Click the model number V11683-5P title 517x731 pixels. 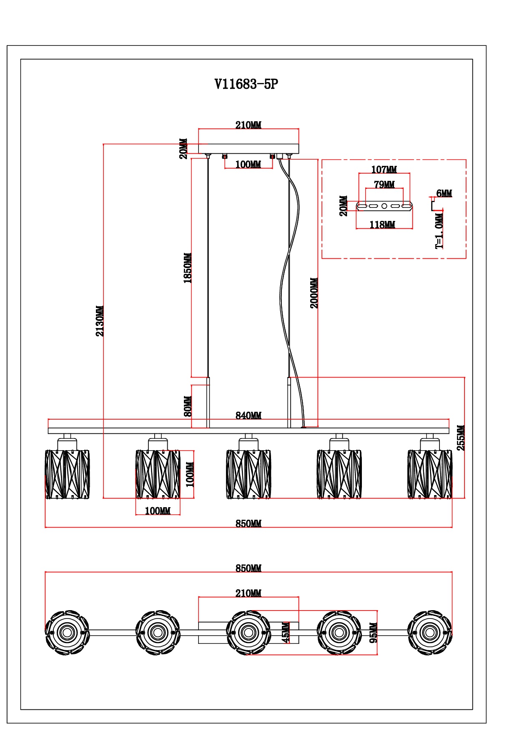246,84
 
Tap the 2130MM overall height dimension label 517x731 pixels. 100,321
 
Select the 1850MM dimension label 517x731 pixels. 188,268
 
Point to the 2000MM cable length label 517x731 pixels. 314,293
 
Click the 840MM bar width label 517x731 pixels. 248,416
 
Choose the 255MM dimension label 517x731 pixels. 460,438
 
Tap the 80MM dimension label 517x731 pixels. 188,406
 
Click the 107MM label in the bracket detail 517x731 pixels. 384,170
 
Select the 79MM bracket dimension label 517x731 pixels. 384,184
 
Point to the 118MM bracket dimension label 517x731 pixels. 382,225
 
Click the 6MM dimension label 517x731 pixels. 444,193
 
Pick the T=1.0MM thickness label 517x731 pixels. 439,231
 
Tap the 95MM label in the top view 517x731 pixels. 373,633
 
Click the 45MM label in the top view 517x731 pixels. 286,633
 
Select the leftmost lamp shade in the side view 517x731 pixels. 67,474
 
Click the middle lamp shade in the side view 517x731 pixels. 248,474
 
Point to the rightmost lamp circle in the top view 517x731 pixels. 429,633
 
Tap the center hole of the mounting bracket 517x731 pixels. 384,206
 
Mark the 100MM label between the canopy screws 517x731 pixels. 248,165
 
